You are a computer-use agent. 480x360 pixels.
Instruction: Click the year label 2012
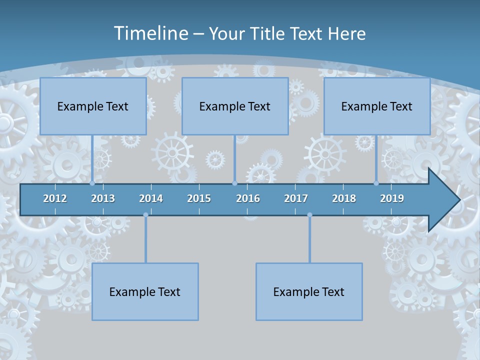tap(55, 198)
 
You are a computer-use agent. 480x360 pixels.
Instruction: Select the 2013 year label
tap(103, 198)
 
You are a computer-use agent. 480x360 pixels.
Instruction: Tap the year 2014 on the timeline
tap(151, 198)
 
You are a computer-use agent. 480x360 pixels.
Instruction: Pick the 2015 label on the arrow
tap(199, 198)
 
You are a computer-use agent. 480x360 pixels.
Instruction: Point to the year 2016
tap(248, 198)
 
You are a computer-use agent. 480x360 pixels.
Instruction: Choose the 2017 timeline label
tap(296, 198)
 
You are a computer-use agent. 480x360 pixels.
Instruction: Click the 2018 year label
tap(344, 198)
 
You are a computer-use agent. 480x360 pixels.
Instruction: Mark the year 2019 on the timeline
tap(392, 198)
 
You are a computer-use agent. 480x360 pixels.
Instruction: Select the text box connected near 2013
tap(93, 106)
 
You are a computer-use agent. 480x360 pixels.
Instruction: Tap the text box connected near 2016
tap(235, 106)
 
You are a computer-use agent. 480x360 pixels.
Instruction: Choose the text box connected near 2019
tap(377, 106)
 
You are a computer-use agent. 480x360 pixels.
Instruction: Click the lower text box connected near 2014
tap(145, 291)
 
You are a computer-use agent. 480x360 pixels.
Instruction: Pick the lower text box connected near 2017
tap(309, 291)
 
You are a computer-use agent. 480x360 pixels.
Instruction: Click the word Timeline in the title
tap(151, 33)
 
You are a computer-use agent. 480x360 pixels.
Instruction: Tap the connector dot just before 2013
tap(92, 183)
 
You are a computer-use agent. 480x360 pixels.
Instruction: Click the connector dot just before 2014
tap(145, 215)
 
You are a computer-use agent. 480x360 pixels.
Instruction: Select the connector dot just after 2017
tap(309, 215)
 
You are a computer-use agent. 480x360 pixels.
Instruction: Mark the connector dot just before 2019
tap(376, 183)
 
